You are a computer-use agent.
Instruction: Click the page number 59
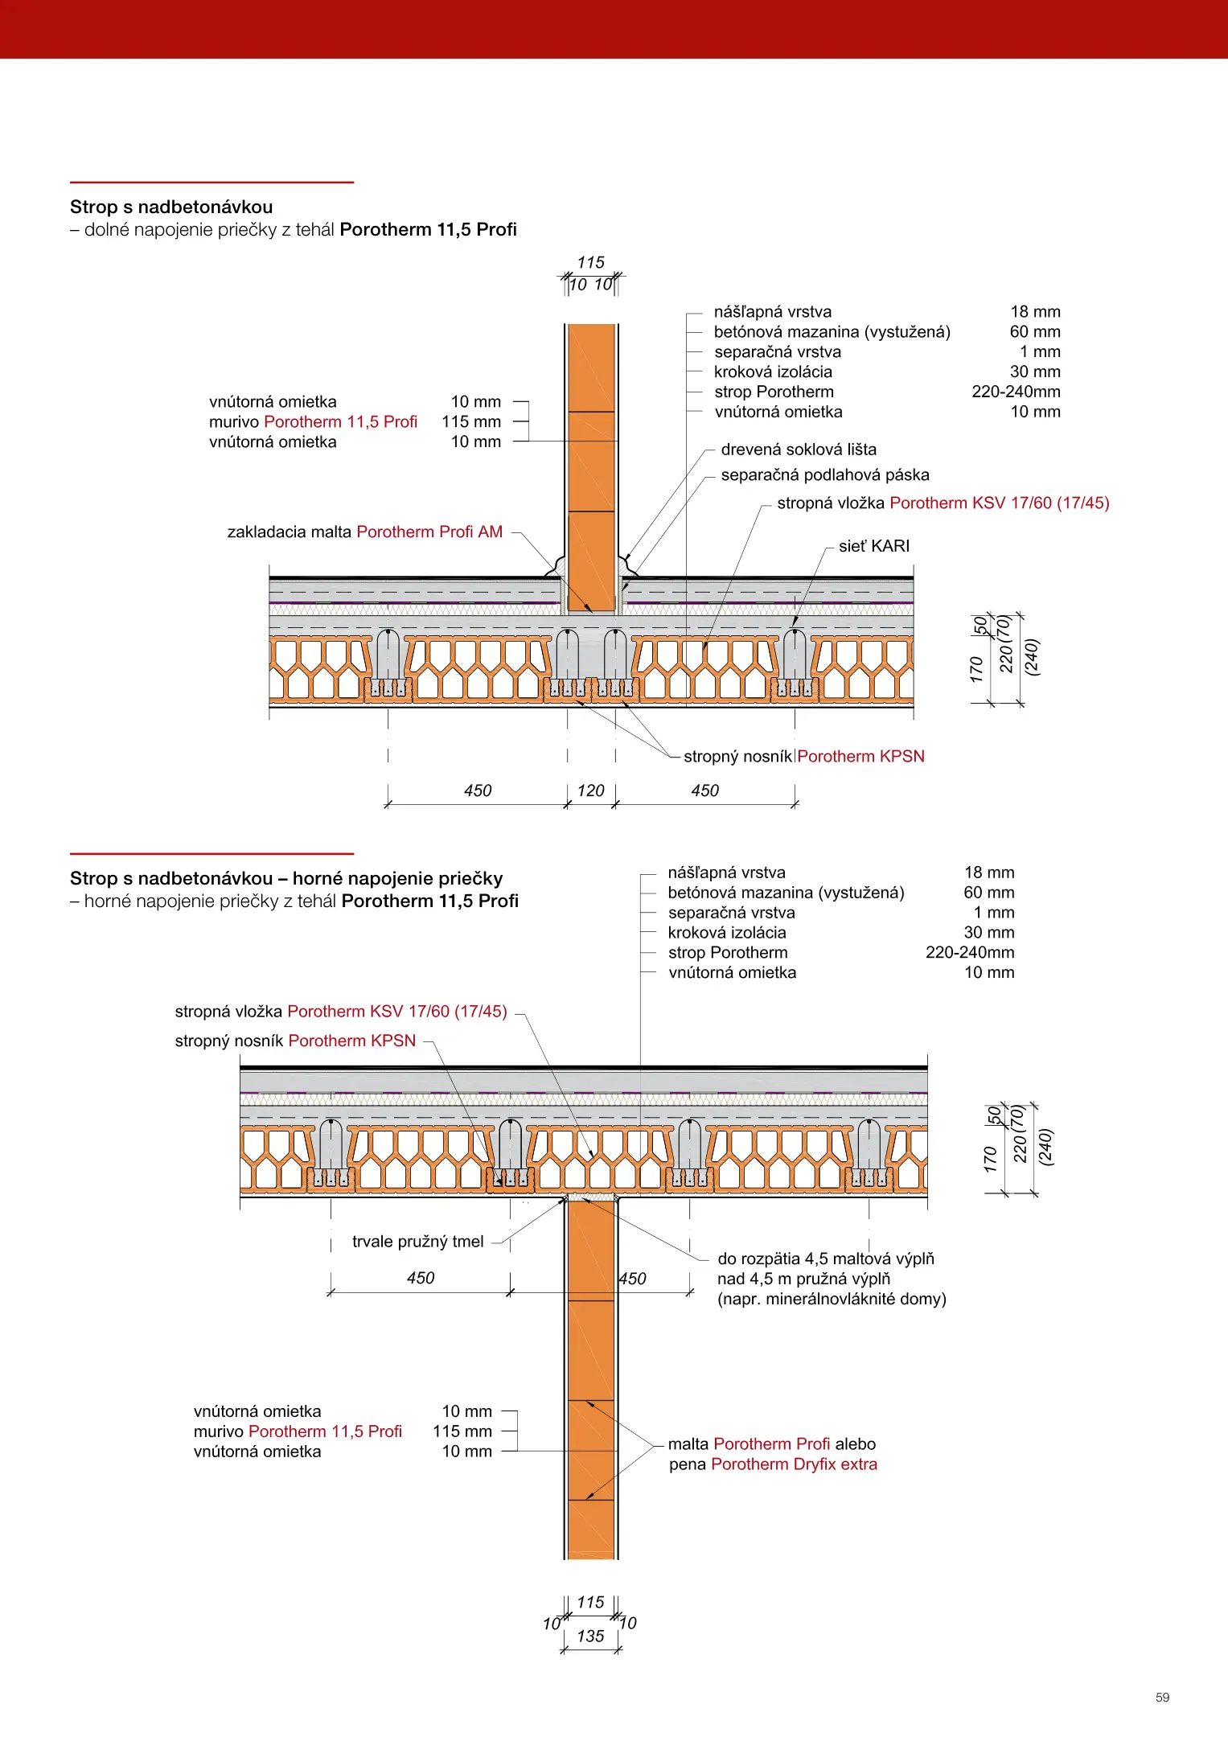(1162, 1698)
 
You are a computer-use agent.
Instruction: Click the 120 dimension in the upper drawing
(590, 790)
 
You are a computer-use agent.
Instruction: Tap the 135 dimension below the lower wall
(590, 1636)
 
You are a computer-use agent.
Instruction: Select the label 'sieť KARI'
(874, 546)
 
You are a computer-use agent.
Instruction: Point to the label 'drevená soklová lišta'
(799, 450)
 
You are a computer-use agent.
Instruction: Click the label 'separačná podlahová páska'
(825, 474)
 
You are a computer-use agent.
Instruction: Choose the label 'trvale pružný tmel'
(418, 1242)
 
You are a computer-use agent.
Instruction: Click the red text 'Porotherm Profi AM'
(429, 532)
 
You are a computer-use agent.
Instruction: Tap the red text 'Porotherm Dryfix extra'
(794, 1464)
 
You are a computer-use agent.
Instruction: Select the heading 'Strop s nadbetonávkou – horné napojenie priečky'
(286, 878)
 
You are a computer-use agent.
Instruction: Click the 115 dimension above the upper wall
(590, 262)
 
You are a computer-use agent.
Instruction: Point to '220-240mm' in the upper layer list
(1016, 392)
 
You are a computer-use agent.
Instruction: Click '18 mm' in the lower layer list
(989, 873)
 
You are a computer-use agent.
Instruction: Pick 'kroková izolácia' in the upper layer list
(773, 372)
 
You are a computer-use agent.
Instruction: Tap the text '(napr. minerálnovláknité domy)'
(832, 1299)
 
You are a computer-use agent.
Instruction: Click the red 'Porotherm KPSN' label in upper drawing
(860, 756)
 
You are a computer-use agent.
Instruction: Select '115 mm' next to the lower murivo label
(462, 1431)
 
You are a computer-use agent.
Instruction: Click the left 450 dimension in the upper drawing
(478, 790)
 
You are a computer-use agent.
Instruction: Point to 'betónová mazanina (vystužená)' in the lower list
(786, 893)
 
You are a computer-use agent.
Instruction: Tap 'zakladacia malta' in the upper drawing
(290, 532)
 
